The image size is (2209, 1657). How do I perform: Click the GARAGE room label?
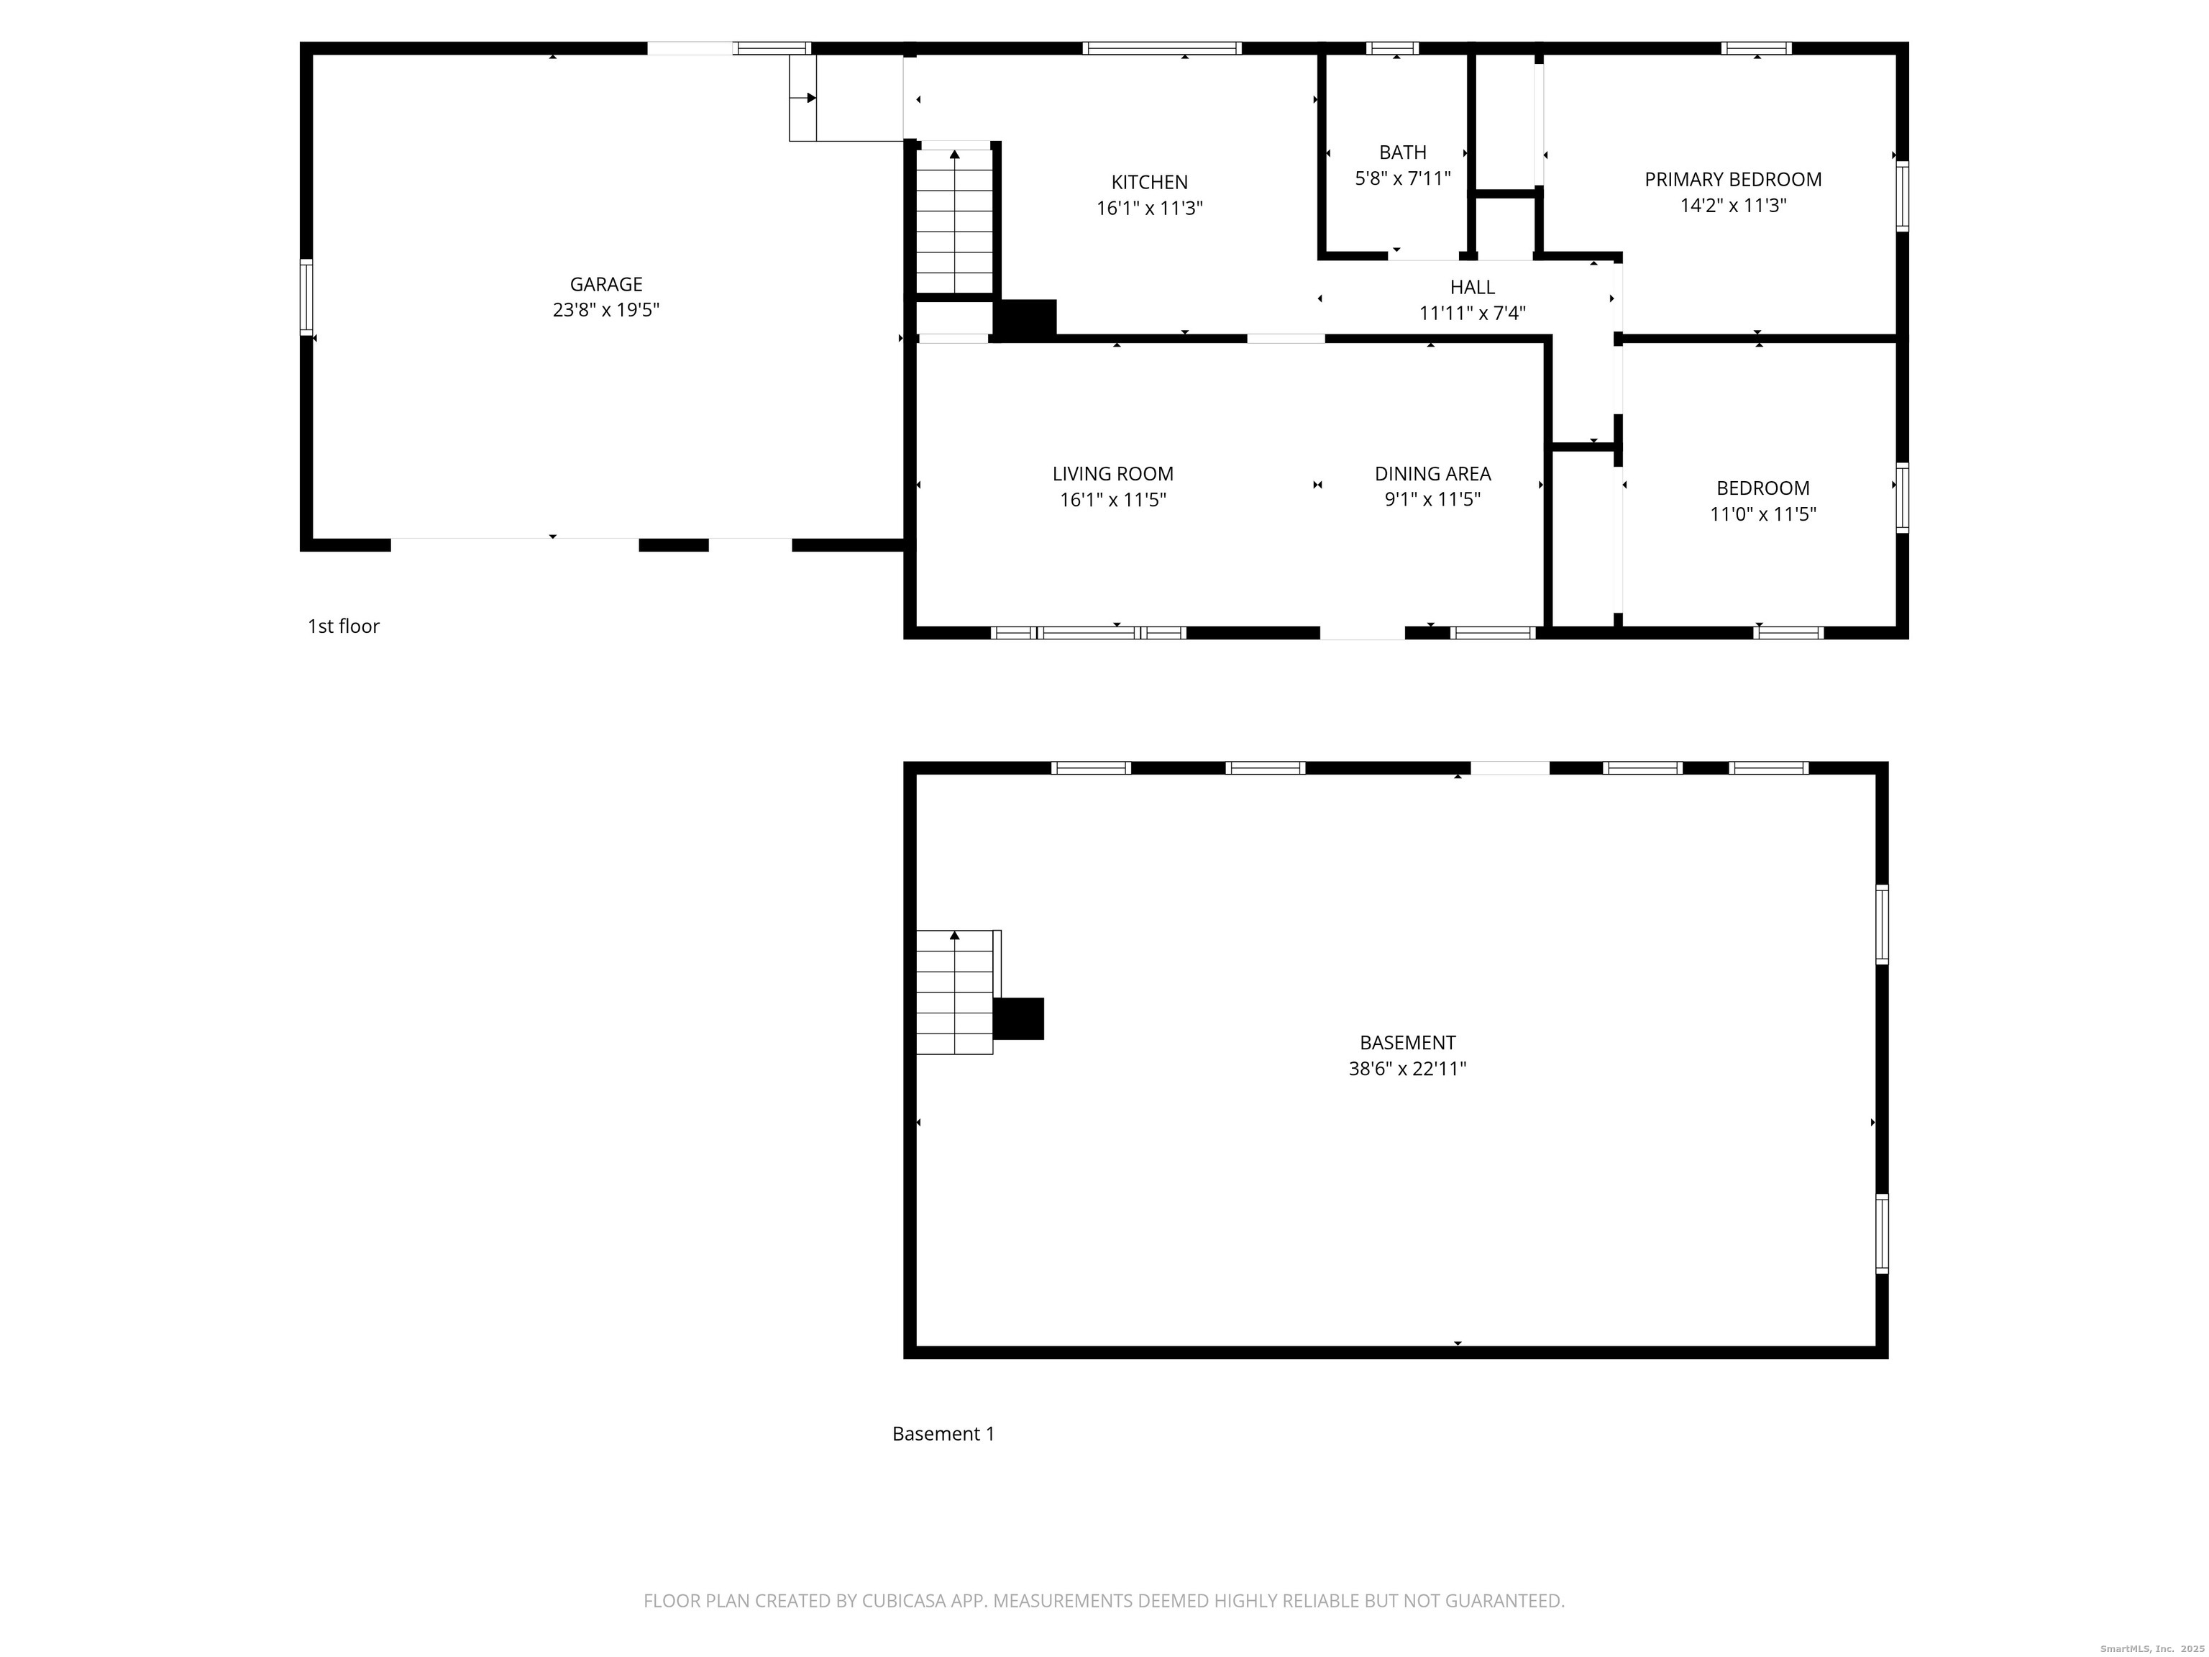(x=605, y=285)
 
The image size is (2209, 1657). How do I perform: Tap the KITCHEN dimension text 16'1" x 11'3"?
(x=1148, y=209)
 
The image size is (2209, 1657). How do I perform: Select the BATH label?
(x=1402, y=152)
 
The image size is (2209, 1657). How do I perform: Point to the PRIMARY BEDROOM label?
(x=1733, y=180)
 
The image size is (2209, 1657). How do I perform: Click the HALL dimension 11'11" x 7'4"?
(x=1472, y=314)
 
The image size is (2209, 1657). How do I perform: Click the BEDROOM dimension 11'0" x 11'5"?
(x=1762, y=514)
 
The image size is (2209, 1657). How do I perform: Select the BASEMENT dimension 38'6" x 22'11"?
(x=1407, y=1069)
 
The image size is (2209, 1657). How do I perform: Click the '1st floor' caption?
(x=344, y=626)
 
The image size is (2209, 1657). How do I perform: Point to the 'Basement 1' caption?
(x=943, y=1434)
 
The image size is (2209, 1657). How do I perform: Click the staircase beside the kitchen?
(x=955, y=220)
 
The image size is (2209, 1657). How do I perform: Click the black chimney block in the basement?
(x=1019, y=1019)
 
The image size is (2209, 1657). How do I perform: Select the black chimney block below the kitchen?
(x=1025, y=319)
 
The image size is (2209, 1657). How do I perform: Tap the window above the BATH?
(x=1392, y=48)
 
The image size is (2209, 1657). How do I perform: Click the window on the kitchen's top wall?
(x=1161, y=48)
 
